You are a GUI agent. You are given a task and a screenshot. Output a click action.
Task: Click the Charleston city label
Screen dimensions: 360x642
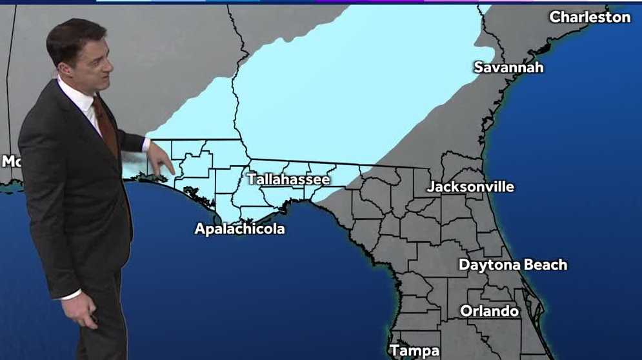[x=590, y=17]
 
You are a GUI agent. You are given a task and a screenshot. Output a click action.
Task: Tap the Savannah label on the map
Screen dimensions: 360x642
[x=508, y=67]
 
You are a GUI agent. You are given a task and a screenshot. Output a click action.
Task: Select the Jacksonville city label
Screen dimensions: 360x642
[x=470, y=187]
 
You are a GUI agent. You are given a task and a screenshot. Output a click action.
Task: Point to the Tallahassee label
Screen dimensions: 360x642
[x=288, y=179]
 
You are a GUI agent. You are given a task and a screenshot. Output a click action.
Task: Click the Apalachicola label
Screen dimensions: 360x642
[x=239, y=229]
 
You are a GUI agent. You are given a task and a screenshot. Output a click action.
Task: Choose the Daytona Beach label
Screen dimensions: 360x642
[x=512, y=265]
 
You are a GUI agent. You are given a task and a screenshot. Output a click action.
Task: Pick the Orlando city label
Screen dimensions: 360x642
[x=489, y=311]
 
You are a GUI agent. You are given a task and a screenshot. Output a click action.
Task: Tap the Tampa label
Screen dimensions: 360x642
[x=414, y=351]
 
